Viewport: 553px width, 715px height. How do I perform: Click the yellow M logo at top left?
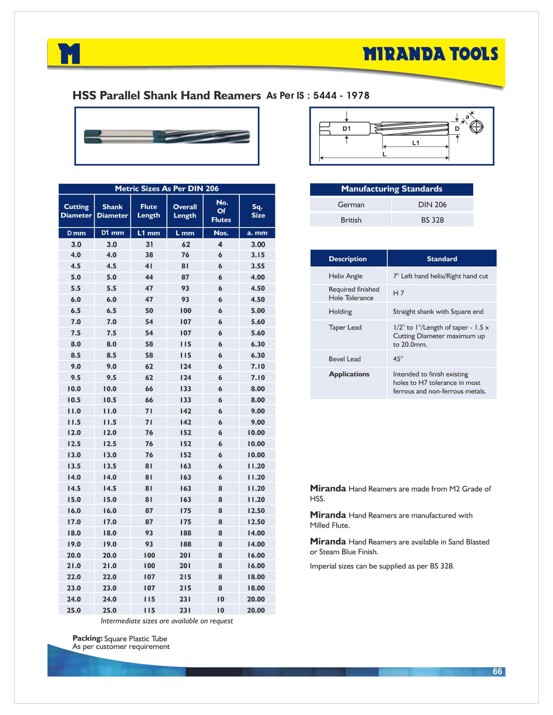pyautogui.click(x=69, y=54)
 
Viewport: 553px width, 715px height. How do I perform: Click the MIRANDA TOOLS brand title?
pyautogui.click(x=430, y=54)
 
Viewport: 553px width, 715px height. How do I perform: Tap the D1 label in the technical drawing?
pyautogui.click(x=346, y=128)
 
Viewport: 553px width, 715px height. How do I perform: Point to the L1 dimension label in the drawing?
pyautogui.click(x=416, y=143)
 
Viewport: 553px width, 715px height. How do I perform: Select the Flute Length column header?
pyautogui.click(x=149, y=211)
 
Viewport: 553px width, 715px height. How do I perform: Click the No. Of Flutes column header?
pyautogui.click(x=221, y=211)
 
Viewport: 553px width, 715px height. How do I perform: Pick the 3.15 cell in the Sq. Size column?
pyautogui.click(x=258, y=255)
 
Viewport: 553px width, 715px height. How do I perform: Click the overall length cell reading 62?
pyautogui.click(x=186, y=244)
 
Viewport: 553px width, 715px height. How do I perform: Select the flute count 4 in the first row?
pyautogui.click(x=220, y=244)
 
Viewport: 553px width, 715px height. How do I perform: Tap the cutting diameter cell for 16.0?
pyautogui.click(x=74, y=510)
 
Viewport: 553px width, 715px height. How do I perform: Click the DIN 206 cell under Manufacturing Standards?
pyautogui.click(x=432, y=205)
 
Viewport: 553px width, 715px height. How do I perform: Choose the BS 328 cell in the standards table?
pyautogui.click(x=432, y=220)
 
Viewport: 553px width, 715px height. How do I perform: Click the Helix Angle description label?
pyautogui.click(x=345, y=276)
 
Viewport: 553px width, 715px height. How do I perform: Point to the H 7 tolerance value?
pyautogui.click(x=398, y=293)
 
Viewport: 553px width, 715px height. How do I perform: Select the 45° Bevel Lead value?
pyautogui.click(x=398, y=359)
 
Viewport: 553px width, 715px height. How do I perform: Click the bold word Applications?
pyautogui.click(x=349, y=374)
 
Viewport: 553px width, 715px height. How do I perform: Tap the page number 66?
pyautogui.click(x=497, y=671)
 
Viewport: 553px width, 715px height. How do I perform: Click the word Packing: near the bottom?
pyautogui.click(x=87, y=638)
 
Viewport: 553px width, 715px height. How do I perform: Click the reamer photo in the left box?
pyautogui.click(x=167, y=136)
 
